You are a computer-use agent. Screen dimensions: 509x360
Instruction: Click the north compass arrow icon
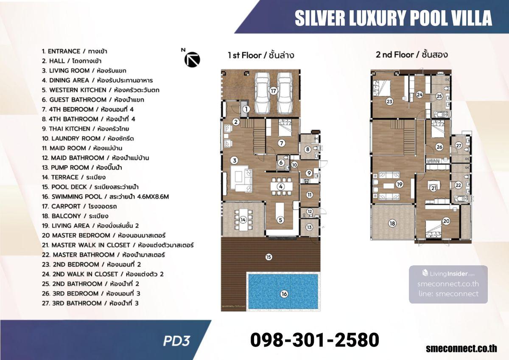click(x=192, y=59)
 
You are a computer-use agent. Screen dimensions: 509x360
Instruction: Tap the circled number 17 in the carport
click(x=273, y=91)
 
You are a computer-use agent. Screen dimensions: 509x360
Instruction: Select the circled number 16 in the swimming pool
click(x=284, y=294)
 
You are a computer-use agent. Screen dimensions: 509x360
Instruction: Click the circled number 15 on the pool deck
click(x=268, y=257)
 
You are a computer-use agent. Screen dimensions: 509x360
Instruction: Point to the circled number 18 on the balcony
click(x=392, y=223)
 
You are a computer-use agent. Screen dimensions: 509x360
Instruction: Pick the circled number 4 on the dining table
click(x=281, y=186)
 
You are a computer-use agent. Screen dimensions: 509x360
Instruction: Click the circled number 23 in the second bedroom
click(x=389, y=101)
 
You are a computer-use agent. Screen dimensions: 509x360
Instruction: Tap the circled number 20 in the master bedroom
click(x=446, y=221)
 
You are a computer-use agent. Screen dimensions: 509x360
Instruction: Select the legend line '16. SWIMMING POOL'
click(x=106, y=197)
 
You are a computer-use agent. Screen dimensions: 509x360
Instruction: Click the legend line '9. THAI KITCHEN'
click(x=85, y=129)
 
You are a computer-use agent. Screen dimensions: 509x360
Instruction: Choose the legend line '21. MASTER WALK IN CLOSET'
click(x=118, y=245)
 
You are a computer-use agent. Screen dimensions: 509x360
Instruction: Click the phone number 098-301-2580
click(x=315, y=340)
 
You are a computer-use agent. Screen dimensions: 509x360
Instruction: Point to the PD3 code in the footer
click(x=176, y=341)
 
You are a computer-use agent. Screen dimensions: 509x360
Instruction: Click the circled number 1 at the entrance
click(x=246, y=110)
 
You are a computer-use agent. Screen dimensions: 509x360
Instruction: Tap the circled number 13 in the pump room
click(x=309, y=227)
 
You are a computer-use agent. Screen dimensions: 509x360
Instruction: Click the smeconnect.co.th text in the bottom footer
click(x=461, y=349)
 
